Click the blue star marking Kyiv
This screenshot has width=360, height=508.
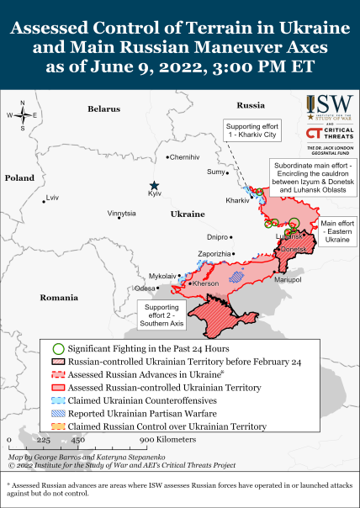tap(154, 186)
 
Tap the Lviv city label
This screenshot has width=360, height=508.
tap(53, 198)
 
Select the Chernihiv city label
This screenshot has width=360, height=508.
tap(185, 157)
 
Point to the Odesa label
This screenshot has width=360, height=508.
tap(145, 288)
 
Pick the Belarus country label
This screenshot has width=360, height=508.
tap(104, 109)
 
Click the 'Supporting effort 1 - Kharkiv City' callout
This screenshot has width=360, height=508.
tap(251, 130)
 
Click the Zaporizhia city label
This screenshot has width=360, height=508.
tap(214, 253)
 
